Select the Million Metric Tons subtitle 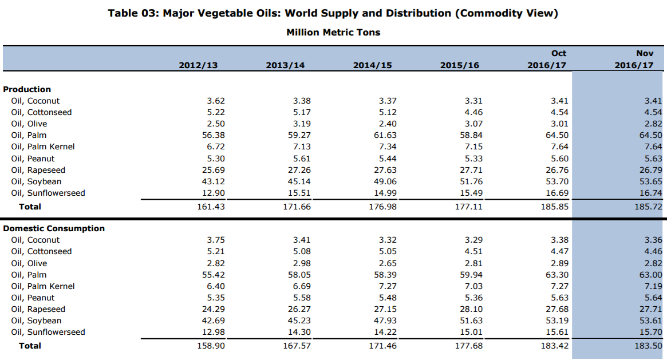[333, 32]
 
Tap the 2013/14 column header [285, 65]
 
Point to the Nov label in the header [644, 53]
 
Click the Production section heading [27, 89]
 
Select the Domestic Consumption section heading [54, 228]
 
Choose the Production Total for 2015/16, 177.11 [468, 206]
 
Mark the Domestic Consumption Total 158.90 [211, 346]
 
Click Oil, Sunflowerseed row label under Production [48, 193]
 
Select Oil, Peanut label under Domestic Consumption [33, 298]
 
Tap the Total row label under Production [30, 206]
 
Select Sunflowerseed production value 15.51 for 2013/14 [299, 193]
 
